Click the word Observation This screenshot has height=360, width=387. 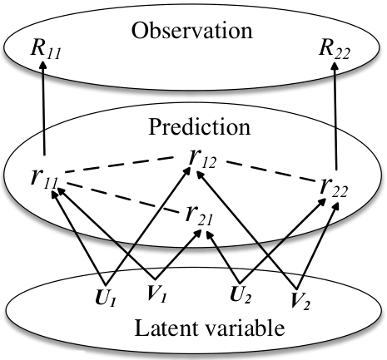[192, 30]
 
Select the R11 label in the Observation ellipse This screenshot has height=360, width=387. [46, 49]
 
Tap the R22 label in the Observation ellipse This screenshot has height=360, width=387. [335, 49]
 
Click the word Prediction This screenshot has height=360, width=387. [200, 126]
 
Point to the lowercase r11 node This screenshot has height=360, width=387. [44, 179]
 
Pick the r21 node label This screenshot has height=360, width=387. [199, 215]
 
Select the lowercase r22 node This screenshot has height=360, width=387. [334, 187]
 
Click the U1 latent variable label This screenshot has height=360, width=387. [106, 298]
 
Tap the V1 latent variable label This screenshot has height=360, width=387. [156, 293]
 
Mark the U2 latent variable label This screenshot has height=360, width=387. [241, 294]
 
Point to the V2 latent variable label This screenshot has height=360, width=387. [300, 300]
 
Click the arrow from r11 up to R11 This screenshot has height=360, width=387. [43, 108]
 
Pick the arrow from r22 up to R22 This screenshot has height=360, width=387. [335, 116]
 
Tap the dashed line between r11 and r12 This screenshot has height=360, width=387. [119, 165]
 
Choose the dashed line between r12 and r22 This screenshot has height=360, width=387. [273, 171]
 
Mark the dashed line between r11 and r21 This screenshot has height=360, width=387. [123, 198]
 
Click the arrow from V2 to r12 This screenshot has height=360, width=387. [246, 229]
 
